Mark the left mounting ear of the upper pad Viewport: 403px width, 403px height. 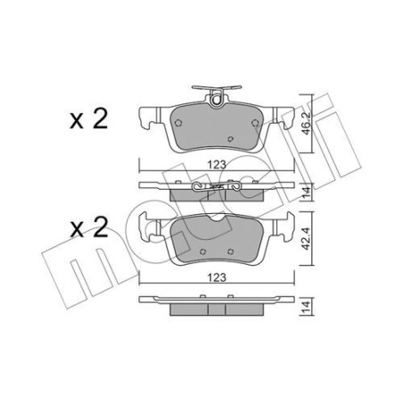pyautogui.click(x=147, y=114)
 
